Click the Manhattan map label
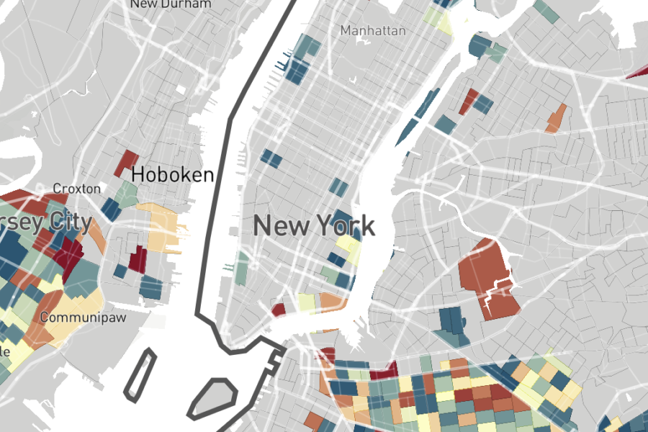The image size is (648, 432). point(373,31)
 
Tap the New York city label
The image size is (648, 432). point(314,226)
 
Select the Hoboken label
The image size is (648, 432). point(172,174)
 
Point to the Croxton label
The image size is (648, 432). point(77,189)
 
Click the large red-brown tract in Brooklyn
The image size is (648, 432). point(487,276)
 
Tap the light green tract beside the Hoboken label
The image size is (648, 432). point(127,193)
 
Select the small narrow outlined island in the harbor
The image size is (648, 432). point(140,373)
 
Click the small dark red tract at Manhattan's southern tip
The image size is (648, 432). point(279,310)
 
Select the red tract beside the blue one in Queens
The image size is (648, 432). point(468,101)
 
